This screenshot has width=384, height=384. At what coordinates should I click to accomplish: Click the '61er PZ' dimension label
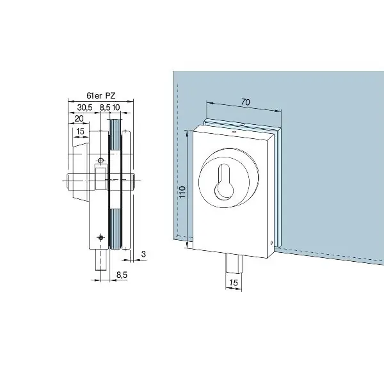pyautogui.click(x=101, y=95)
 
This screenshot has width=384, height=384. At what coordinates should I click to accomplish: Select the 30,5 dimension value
pyautogui.click(x=84, y=108)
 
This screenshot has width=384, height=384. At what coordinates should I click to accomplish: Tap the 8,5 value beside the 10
pyautogui.click(x=105, y=108)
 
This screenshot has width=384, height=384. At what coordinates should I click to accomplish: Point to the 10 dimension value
pyautogui.click(x=116, y=108)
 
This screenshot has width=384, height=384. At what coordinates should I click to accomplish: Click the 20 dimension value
pyautogui.click(x=79, y=119)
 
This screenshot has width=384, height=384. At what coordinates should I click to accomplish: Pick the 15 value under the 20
pyautogui.click(x=80, y=131)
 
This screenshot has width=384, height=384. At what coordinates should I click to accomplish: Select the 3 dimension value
pyautogui.click(x=143, y=254)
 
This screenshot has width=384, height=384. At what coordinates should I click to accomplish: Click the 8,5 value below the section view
pyautogui.click(x=122, y=275)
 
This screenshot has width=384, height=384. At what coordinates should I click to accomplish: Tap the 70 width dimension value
pyautogui.click(x=245, y=102)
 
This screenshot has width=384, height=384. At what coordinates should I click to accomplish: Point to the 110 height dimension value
pyautogui.click(x=182, y=192)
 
